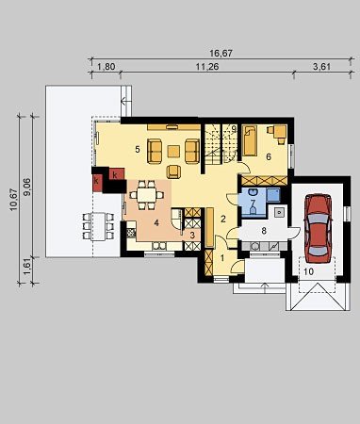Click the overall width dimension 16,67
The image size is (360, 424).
tap(221, 54)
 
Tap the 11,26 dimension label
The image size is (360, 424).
tap(207, 67)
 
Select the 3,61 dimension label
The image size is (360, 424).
tap(322, 67)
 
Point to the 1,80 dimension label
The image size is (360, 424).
tap(106, 67)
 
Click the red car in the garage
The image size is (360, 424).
tap(318, 228)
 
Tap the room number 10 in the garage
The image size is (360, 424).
tap(309, 271)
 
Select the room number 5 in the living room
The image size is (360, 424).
tap(138, 150)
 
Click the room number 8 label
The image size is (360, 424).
tap(264, 231)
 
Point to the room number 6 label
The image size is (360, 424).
tap(269, 156)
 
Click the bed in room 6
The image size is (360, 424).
tap(250, 140)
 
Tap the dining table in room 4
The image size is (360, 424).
tap(147, 195)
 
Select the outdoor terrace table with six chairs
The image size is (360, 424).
tap(98, 226)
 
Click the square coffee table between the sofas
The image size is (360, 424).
tap(173, 151)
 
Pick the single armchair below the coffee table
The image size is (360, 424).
tap(173, 171)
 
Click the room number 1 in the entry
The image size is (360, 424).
tap(222, 258)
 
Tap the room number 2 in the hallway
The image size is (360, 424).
tap(223, 219)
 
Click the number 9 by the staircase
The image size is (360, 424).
tap(234, 128)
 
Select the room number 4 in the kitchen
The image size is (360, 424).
tap(156, 223)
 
